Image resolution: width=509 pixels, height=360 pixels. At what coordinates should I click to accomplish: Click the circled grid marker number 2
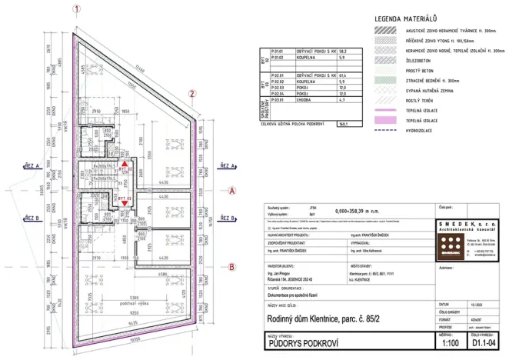point(191,94)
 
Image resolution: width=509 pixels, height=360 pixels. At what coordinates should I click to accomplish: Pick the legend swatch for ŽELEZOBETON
point(385,57)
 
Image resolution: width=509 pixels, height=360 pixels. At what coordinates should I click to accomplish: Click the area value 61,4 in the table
point(346,76)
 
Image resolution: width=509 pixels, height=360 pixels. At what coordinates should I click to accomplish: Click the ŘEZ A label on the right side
point(227,165)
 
